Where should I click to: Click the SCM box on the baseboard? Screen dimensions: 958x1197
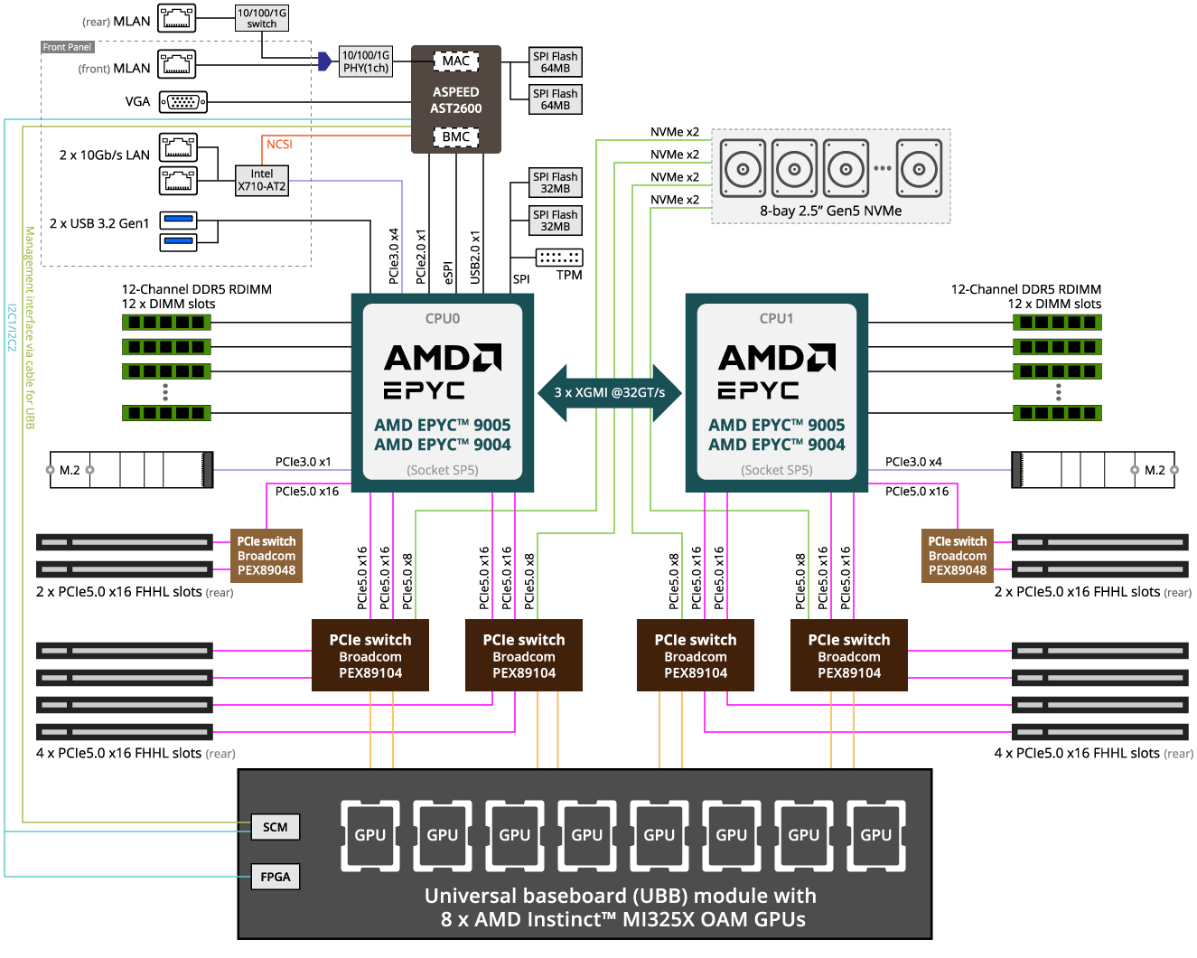tap(276, 827)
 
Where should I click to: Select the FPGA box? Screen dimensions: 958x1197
tap(276, 877)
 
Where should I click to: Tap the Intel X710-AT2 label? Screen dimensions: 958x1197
tap(262, 180)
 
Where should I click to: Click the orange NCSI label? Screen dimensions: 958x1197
tap(279, 145)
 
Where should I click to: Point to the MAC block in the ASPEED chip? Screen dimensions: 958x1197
tap(455, 61)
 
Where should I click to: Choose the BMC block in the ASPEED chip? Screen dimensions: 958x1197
tap(455, 136)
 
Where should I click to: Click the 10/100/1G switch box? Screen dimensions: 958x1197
tap(261, 18)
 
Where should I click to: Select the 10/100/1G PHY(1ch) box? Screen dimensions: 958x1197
tap(366, 61)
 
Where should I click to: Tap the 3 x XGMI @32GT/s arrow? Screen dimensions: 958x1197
tap(610, 392)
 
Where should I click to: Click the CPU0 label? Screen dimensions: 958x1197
tap(443, 318)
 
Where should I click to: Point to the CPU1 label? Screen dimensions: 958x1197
tap(777, 318)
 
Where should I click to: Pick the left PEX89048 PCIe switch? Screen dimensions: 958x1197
tap(267, 556)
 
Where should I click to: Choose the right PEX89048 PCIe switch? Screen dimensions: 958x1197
tap(958, 556)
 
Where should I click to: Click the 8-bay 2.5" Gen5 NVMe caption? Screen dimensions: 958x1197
tap(830, 211)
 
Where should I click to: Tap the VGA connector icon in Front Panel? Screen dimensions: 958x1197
tap(183, 102)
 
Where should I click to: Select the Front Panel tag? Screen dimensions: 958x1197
tap(67, 47)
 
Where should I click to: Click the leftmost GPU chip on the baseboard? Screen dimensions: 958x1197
tap(370, 835)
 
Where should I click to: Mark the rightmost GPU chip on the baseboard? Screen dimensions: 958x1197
tap(876, 835)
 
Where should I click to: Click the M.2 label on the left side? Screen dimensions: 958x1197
tap(70, 470)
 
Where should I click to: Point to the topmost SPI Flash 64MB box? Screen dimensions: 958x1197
tap(555, 61)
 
